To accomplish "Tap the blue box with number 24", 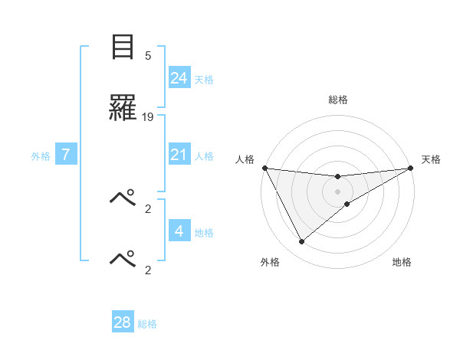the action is tap(179, 77).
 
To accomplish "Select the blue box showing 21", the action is tap(179, 155).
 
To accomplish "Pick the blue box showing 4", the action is tap(179, 231).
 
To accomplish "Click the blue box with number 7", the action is tap(67, 155).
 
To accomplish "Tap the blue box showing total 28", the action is tap(123, 322).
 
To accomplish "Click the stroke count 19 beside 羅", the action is tap(148, 117).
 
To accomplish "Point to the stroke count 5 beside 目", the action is tap(148, 56).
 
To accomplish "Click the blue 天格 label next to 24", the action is tap(204, 79).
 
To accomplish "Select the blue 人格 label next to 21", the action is tap(204, 156).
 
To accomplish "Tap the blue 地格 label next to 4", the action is tap(204, 232).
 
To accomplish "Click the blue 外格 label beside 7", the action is tap(41, 156).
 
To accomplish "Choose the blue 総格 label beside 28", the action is tap(147, 324).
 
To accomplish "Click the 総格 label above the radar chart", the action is tap(338, 100).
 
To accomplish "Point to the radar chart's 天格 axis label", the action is tap(432, 159).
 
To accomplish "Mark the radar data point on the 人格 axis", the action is tap(264, 168).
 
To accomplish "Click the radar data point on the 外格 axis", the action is tap(301, 241).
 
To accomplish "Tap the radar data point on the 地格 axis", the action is tap(347, 204).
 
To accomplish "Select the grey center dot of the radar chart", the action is tap(338, 191).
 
